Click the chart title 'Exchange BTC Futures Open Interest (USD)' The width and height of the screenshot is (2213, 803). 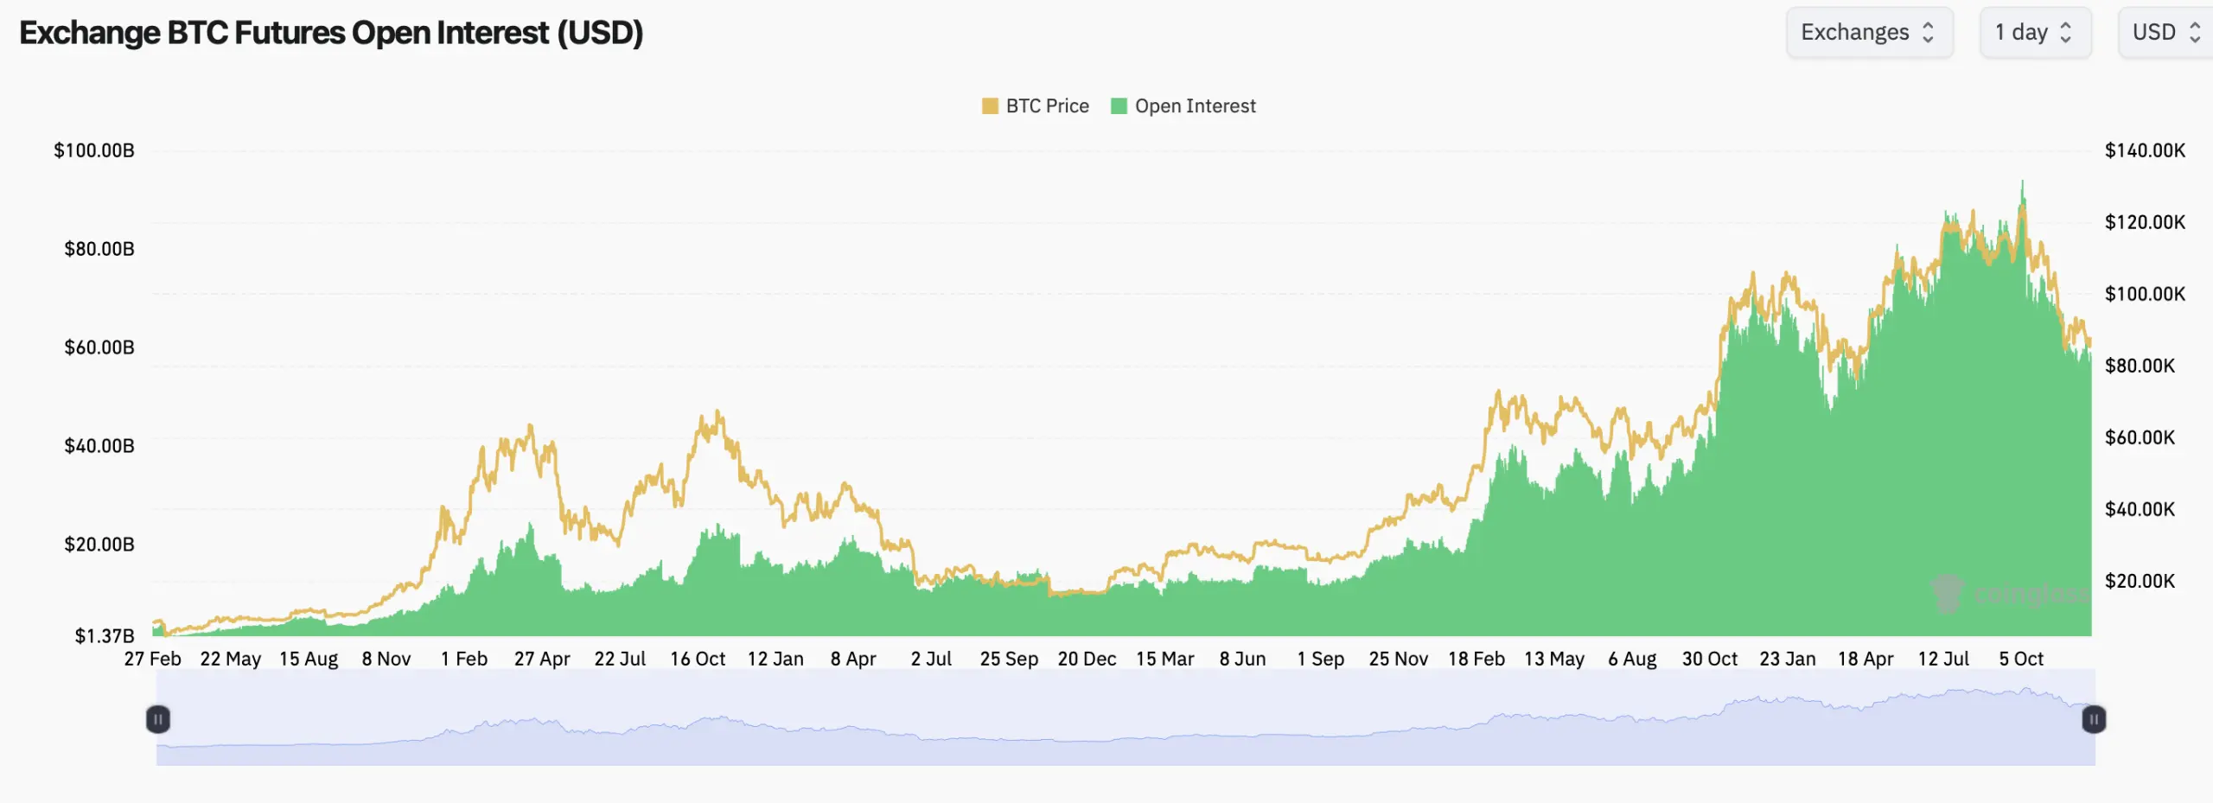(331, 33)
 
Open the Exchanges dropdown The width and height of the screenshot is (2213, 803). (1868, 33)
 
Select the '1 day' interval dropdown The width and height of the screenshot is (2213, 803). (2034, 33)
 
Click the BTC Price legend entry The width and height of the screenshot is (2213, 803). (1036, 106)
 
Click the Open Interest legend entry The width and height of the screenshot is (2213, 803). (1183, 106)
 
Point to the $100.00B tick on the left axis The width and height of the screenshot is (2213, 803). (94, 150)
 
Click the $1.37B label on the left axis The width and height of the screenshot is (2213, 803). (105, 636)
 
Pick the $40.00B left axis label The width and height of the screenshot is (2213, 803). (99, 446)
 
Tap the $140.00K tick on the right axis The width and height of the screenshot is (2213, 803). (2145, 150)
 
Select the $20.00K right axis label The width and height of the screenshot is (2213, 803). (2140, 581)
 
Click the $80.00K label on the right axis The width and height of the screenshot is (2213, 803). (2140, 366)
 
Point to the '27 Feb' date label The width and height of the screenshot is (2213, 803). (153, 659)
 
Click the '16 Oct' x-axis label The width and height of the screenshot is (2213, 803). (698, 659)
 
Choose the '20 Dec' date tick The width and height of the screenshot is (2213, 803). (1087, 659)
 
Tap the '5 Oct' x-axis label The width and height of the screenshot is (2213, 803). (2021, 659)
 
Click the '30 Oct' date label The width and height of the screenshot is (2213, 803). (1709, 659)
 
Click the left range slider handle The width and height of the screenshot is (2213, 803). (158, 719)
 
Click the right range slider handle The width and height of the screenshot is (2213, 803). (2094, 719)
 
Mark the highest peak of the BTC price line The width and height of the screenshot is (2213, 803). (2022, 182)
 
